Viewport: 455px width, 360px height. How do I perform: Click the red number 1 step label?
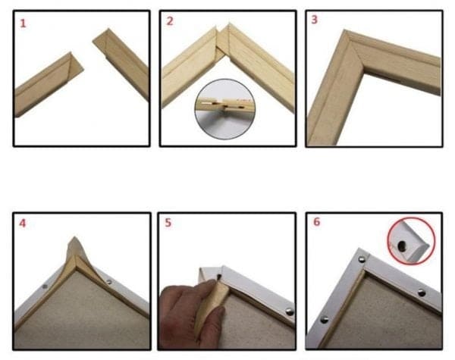(23, 23)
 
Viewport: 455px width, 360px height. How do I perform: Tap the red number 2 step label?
(170, 21)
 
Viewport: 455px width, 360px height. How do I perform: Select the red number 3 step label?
(314, 20)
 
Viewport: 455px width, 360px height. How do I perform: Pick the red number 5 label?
(169, 224)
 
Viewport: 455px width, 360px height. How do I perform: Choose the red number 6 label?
(315, 224)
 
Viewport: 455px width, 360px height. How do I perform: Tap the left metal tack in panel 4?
(44, 287)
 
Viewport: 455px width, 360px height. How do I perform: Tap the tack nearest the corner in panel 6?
(361, 260)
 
